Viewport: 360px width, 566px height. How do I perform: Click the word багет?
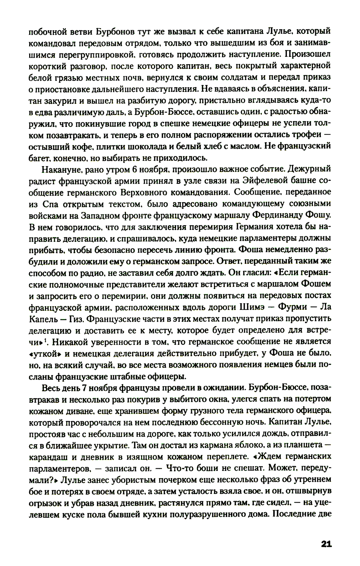point(39,157)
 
